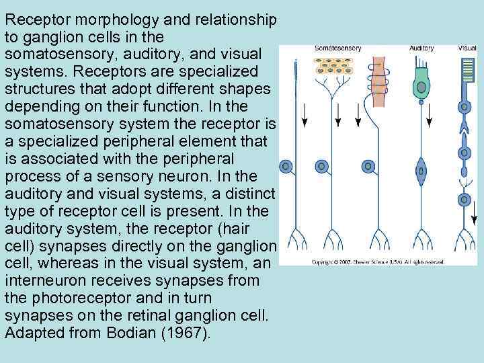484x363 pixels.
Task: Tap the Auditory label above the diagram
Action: coord(421,48)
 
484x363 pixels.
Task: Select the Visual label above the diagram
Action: coord(467,48)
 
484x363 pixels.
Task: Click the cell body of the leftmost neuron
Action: coord(286,165)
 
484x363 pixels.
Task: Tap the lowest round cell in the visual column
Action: coord(464,199)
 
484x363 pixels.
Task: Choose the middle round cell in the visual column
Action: coord(464,153)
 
